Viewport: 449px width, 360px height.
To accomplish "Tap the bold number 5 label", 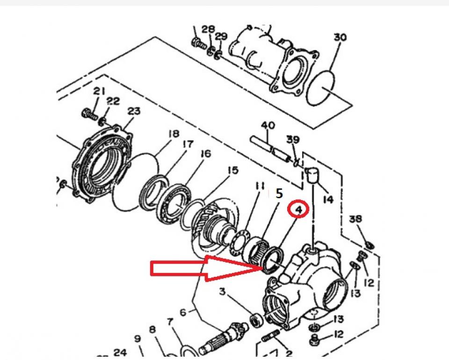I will point(278,194).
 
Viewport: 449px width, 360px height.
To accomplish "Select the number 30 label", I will point(340,37).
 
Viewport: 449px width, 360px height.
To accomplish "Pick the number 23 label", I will point(134,111).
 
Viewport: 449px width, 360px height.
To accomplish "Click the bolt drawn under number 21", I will point(89,113).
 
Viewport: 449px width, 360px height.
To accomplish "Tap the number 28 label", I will point(208,29).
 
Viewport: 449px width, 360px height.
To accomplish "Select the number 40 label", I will point(268,126).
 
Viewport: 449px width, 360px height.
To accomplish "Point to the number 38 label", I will point(355,219).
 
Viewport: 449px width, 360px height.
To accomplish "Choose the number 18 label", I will point(174,134).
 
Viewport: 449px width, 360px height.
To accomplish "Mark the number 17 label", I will point(188,144).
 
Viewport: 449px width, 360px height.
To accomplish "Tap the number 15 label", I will point(232,170).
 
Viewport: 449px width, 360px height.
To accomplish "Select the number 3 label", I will point(223,292).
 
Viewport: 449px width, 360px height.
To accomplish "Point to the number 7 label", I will point(170,322).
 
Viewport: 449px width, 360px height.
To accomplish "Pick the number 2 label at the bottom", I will point(289,354).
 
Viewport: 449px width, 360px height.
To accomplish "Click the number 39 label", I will point(293,140).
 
